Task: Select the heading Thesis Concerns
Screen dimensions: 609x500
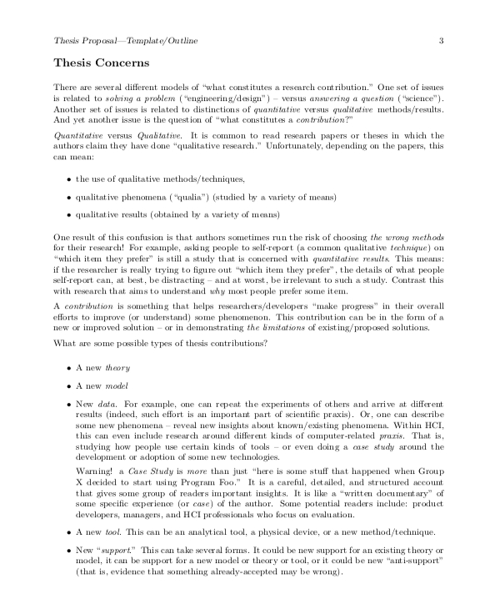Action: point(101,63)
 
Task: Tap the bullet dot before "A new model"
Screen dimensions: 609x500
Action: point(67,386)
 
